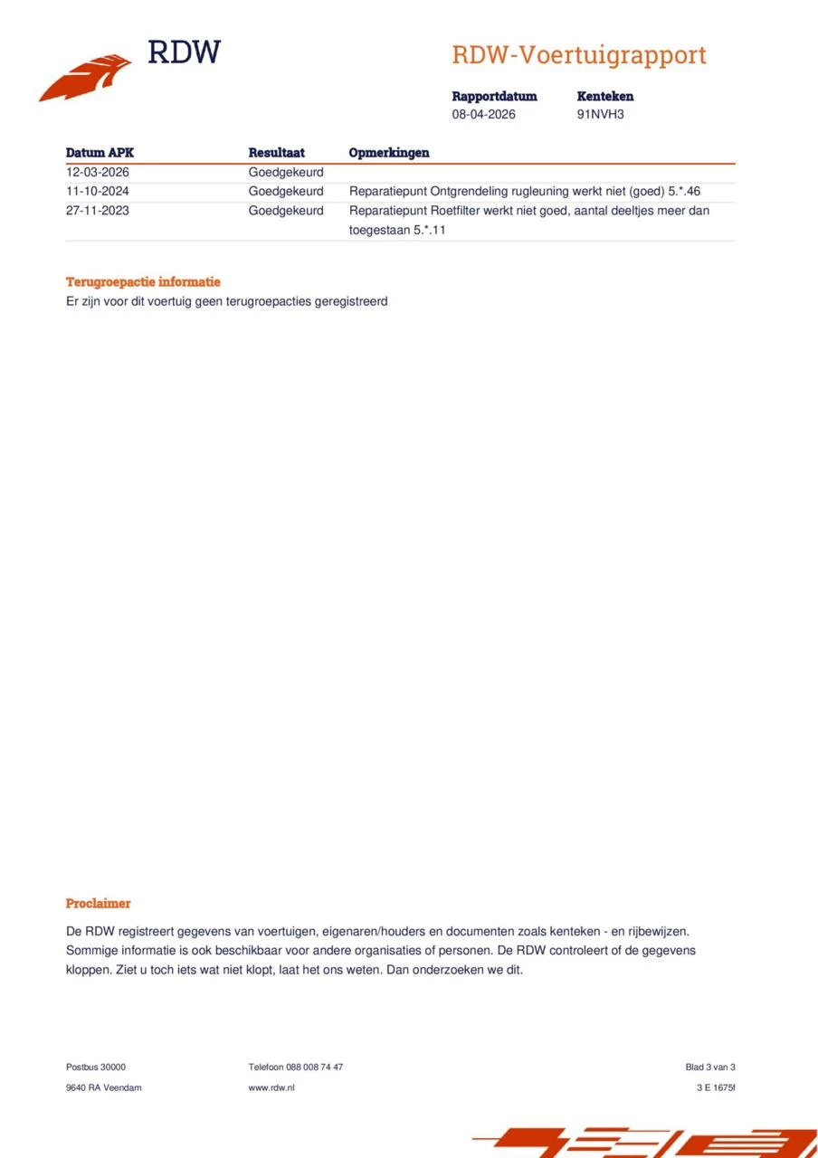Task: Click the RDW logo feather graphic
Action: [85, 78]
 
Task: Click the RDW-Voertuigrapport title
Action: [578, 55]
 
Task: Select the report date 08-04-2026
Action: [484, 115]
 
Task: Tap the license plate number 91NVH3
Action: [600, 115]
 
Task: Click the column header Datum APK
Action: [100, 153]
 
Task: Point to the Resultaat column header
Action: [276, 153]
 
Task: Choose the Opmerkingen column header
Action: [389, 153]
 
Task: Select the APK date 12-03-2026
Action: [98, 172]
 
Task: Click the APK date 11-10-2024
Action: [98, 192]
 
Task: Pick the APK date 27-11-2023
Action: [98, 211]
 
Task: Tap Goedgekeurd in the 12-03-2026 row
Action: [286, 172]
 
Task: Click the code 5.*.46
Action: [684, 192]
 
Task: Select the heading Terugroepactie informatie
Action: [143, 282]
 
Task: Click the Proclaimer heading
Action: [98, 904]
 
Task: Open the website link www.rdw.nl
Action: [271, 1087]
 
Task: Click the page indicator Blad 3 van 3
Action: [710, 1068]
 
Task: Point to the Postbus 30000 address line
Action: [96, 1068]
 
